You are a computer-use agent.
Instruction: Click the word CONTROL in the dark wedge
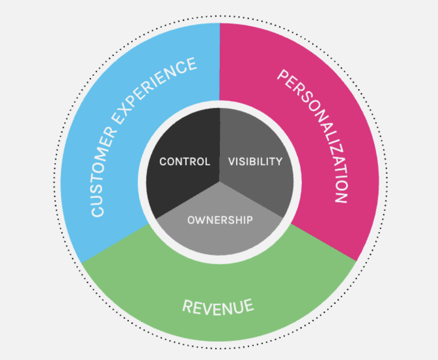coord(184,162)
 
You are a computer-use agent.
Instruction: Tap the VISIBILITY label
coord(255,162)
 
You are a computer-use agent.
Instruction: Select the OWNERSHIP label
coord(220,220)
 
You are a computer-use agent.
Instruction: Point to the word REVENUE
coord(218,307)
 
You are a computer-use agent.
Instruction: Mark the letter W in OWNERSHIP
coord(199,220)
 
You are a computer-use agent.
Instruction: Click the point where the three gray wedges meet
coord(219,182)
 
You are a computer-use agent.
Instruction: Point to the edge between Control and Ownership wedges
coord(188,200)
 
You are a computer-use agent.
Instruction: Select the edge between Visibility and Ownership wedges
coord(251,200)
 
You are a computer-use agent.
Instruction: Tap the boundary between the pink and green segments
coord(324,243)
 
